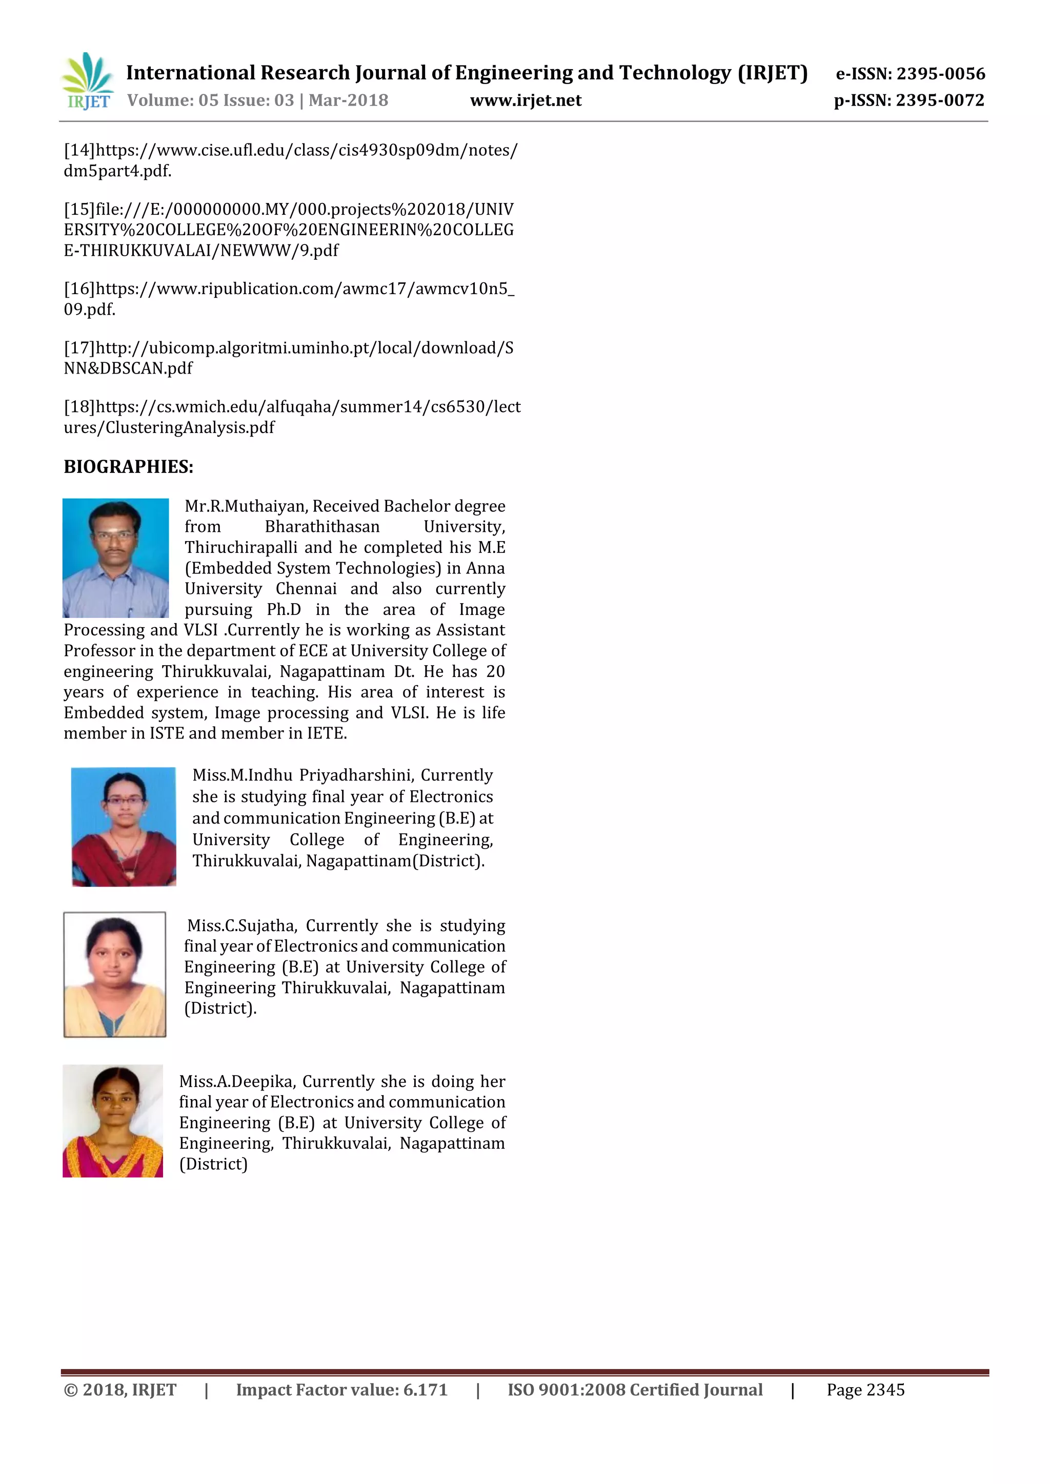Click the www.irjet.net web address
[526, 100]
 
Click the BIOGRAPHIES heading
[128, 467]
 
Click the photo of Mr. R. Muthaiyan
[116, 558]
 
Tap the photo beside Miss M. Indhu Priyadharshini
[124, 826]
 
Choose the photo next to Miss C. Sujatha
[114, 974]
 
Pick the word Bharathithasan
[322, 527]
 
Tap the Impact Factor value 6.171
[426, 1390]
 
